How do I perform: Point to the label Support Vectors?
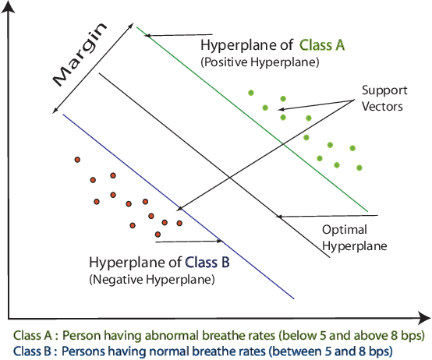(382, 98)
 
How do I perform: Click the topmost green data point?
(251, 92)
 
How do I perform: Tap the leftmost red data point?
(77, 160)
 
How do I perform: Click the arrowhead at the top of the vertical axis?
(9, 6)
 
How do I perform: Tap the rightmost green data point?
(359, 168)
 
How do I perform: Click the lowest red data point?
(158, 234)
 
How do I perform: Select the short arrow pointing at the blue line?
(211, 241)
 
